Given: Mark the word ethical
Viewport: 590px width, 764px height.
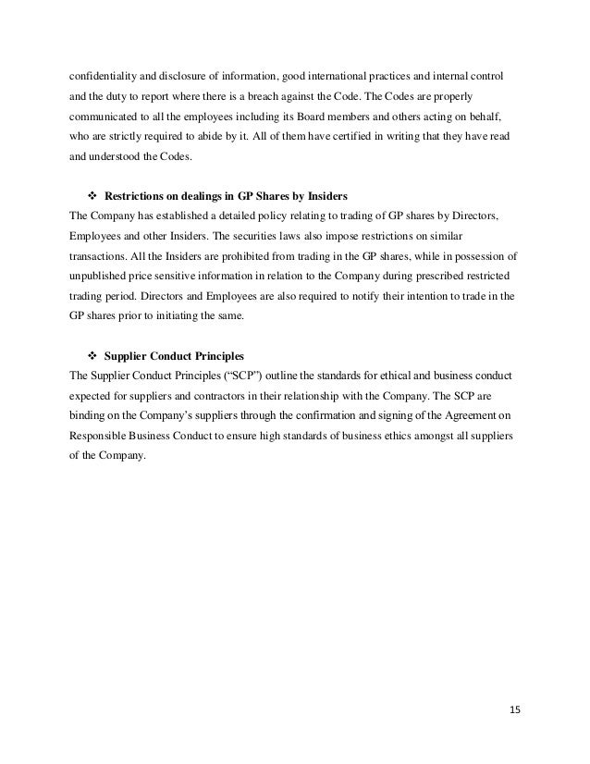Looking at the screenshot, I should point(367,376).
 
